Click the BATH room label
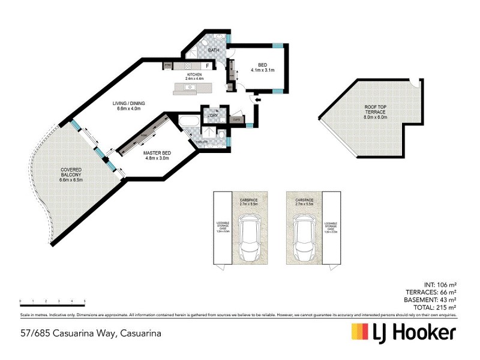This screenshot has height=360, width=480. pos(213,50)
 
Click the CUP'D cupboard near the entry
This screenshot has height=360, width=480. pos(236,119)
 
